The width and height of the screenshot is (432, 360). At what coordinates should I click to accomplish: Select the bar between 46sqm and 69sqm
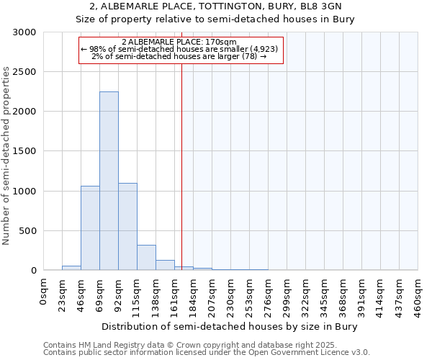[x=90, y=228]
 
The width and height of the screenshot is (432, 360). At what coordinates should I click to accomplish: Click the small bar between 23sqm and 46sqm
[x=71, y=268]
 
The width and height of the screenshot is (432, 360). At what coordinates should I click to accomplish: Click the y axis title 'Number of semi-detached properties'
[x=7, y=156]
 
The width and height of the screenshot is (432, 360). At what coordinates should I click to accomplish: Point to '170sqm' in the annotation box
[x=214, y=42]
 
